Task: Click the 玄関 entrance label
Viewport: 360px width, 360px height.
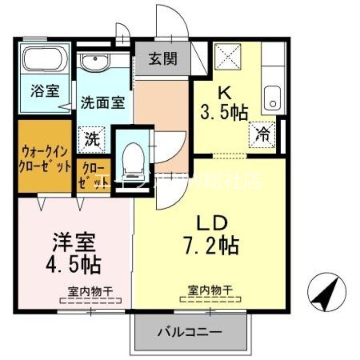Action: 163,59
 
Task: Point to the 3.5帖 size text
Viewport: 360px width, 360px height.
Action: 224,112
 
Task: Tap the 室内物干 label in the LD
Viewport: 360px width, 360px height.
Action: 210,290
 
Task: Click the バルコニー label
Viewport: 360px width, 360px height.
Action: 189,333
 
